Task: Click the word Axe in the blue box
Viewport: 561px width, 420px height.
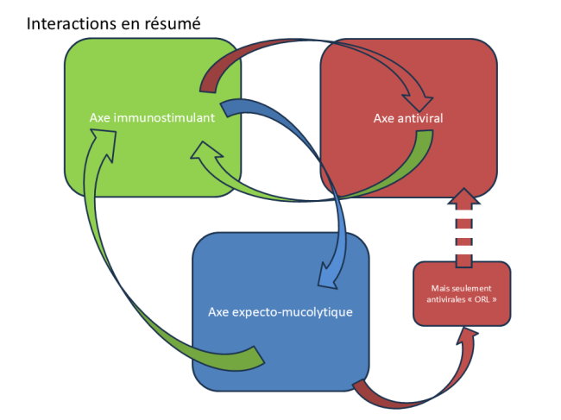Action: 219,310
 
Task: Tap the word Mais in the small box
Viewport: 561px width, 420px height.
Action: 441,287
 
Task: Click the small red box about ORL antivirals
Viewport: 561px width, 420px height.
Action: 463,293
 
